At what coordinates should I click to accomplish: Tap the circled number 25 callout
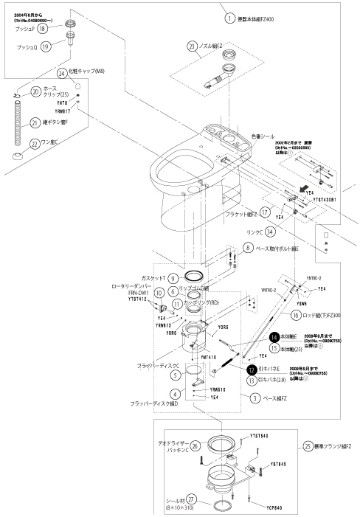[307, 447]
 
